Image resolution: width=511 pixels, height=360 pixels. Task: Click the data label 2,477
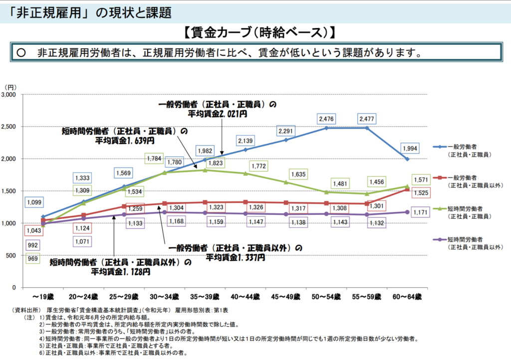point(367,119)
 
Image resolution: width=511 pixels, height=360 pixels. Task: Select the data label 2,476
point(326,119)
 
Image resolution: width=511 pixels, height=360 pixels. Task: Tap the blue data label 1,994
point(410,149)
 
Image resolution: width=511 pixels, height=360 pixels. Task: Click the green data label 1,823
point(216,163)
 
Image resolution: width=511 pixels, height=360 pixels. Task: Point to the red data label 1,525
point(421,192)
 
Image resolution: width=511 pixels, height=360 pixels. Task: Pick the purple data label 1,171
point(420,212)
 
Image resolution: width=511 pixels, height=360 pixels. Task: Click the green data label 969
point(32,258)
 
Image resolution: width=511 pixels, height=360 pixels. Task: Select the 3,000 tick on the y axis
point(8,94)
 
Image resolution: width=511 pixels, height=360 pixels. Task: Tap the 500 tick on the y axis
point(11,255)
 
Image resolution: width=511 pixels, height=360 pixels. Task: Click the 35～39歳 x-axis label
point(205,297)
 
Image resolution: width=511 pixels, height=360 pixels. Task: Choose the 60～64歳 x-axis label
point(407,297)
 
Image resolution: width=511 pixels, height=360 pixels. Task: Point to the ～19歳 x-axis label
point(43,297)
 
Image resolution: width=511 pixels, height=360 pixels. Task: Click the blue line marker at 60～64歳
point(407,159)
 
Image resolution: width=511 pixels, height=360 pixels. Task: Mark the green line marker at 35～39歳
point(205,170)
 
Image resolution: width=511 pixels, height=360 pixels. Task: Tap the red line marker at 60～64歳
point(407,189)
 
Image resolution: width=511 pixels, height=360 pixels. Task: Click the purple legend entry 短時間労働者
point(465,239)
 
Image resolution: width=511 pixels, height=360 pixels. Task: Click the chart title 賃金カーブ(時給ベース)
point(259,32)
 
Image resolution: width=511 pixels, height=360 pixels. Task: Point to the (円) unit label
point(10,87)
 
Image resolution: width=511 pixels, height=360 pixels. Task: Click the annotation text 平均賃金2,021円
point(218,114)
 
